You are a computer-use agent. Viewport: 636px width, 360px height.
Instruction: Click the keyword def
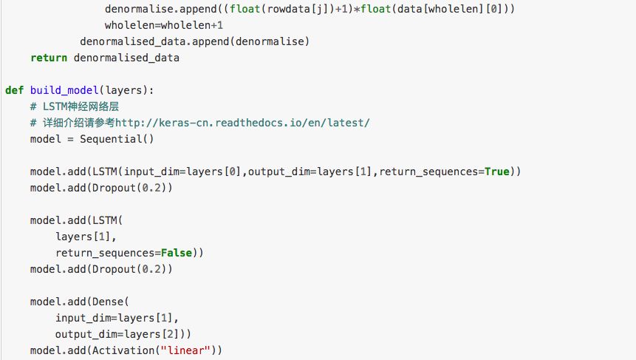coord(14,90)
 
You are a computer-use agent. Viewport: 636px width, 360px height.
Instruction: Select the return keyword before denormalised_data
coord(49,58)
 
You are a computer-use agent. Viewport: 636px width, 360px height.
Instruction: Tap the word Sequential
coord(111,139)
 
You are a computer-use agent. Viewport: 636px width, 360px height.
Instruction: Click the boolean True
coord(497,171)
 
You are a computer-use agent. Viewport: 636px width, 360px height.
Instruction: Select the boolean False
coord(177,253)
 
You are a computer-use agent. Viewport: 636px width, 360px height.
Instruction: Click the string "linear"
coord(185,350)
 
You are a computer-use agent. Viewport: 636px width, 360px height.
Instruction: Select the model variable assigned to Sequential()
coord(46,139)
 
